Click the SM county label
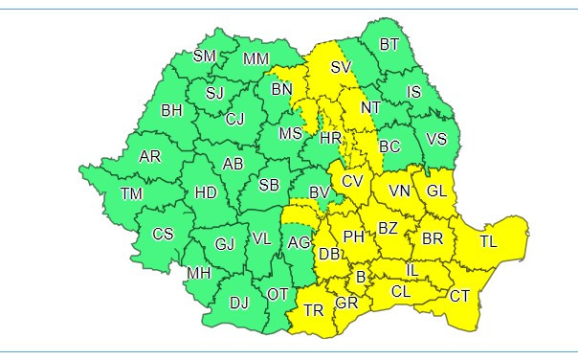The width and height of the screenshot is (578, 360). (205, 56)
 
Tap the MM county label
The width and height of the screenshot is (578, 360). (256, 59)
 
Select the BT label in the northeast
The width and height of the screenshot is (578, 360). (389, 44)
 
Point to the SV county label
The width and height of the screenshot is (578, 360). (342, 67)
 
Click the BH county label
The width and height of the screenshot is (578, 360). (171, 111)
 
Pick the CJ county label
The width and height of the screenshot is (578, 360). (235, 120)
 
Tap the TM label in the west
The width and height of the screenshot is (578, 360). (131, 194)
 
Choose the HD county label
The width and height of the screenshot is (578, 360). (206, 192)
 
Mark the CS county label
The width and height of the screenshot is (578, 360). (164, 234)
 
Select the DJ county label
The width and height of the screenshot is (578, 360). (239, 304)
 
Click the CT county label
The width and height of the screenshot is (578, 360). (459, 296)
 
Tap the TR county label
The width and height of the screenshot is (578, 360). (314, 310)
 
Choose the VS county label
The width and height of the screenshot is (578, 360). (436, 139)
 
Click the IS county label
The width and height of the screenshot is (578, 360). (414, 92)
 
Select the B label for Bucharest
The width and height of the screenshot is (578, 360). (361, 278)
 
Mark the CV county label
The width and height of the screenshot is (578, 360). (352, 181)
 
